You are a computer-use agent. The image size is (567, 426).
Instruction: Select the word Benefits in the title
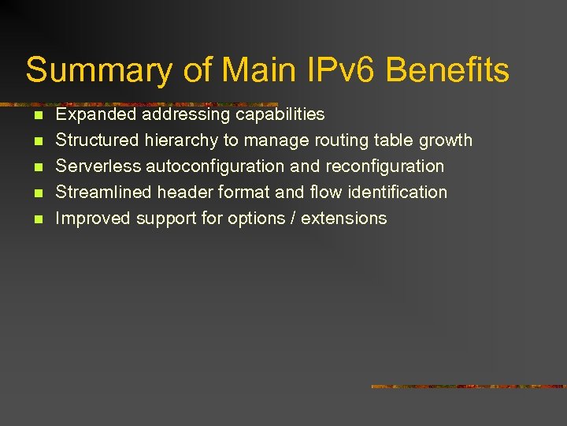pos(447,70)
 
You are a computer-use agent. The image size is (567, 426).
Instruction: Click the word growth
pos(445,141)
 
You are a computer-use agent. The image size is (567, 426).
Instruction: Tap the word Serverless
pos(98,166)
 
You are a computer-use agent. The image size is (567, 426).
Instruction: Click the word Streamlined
pos(103,192)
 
